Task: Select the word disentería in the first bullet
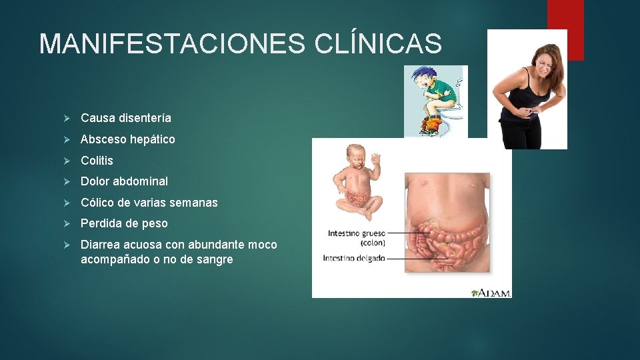(145, 118)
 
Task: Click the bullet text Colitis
(97, 161)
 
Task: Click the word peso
(153, 223)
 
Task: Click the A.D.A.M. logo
(491, 292)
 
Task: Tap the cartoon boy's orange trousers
(432, 123)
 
